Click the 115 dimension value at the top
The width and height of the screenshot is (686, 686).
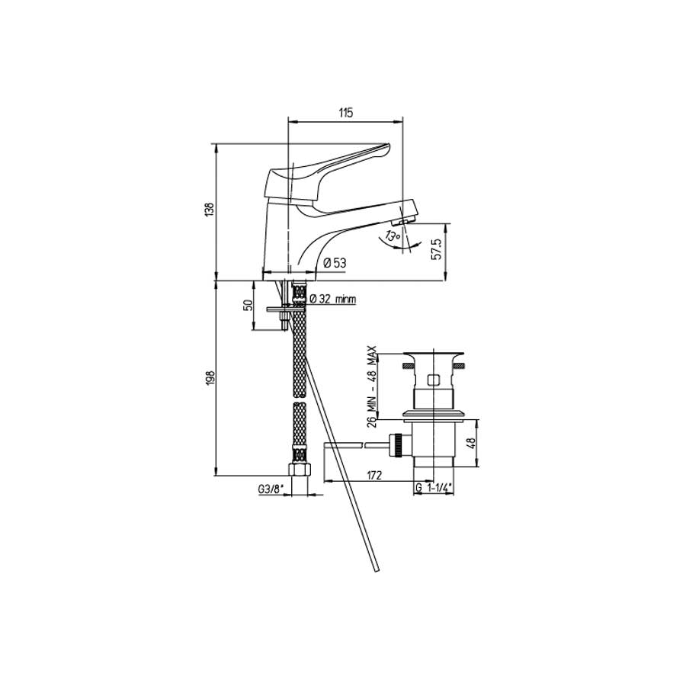[x=345, y=113]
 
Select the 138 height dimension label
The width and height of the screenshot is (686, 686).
[x=209, y=210]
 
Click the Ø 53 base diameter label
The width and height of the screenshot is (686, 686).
[x=335, y=263]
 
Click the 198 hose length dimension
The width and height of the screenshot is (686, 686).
[x=209, y=377]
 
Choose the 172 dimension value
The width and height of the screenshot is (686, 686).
[x=373, y=476]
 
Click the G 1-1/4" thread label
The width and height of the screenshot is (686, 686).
[x=434, y=488]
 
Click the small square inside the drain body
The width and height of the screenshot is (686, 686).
[x=433, y=380]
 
